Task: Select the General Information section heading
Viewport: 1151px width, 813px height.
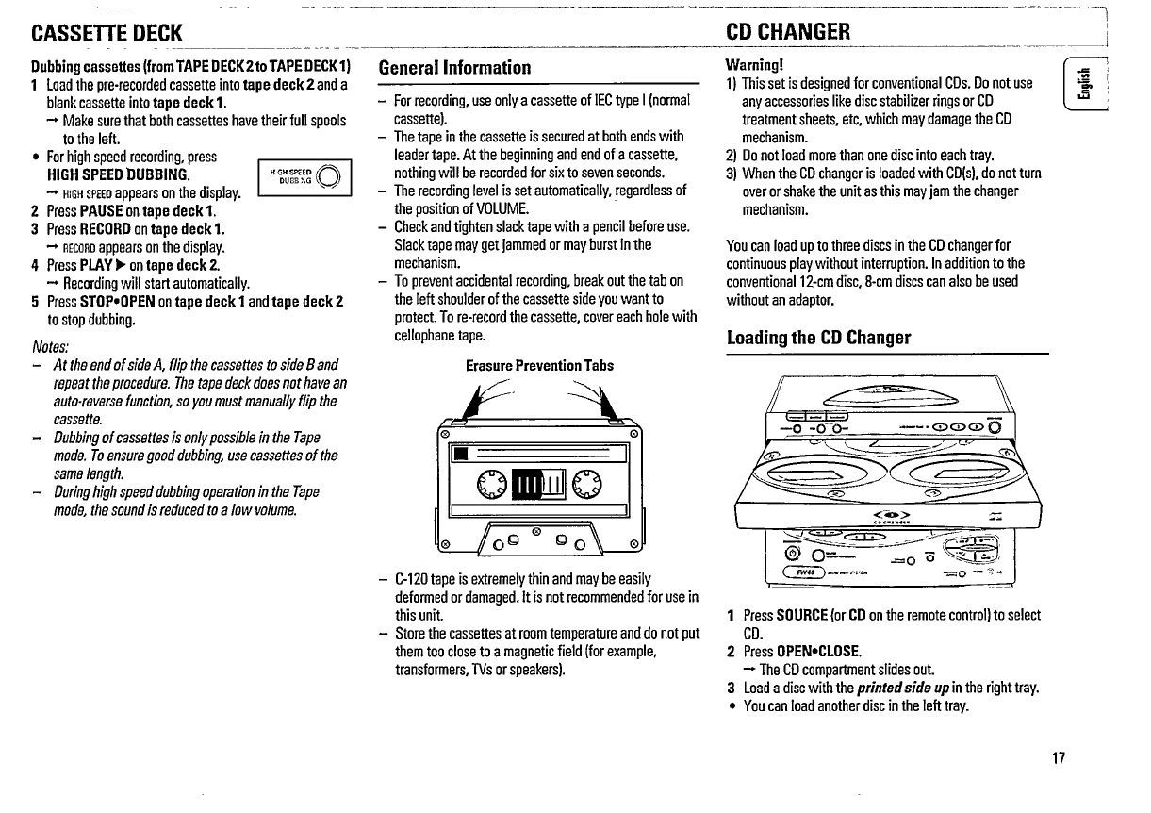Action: (x=454, y=68)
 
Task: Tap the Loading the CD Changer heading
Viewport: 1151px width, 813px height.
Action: (x=818, y=338)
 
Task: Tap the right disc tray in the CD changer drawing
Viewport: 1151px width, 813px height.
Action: (x=954, y=464)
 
